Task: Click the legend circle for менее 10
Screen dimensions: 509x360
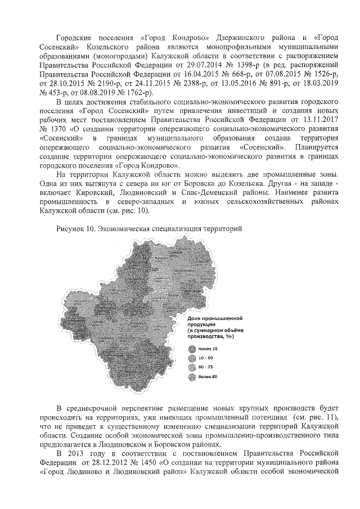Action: click(x=191, y=349)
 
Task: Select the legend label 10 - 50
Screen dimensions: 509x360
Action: click(x=205, y=358)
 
